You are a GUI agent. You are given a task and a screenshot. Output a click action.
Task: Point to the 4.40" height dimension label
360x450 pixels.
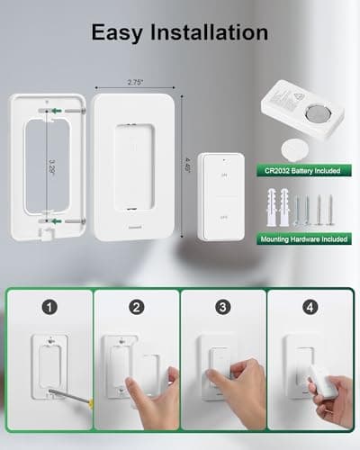point(187,167)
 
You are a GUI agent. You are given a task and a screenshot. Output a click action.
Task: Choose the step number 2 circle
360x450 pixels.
point(135,307)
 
